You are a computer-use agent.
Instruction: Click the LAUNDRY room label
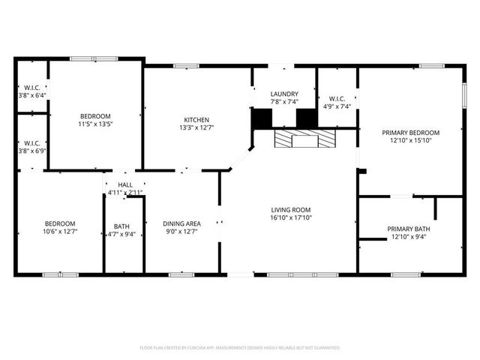(284, 94)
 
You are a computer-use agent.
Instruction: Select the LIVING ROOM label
(291, 210)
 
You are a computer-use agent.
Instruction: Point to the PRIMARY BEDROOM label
(410, 132)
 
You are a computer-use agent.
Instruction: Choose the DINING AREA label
(181, 223)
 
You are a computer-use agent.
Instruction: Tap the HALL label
(124, 184)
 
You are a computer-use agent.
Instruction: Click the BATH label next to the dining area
(121, 226)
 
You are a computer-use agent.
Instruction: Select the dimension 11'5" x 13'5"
(95, 124)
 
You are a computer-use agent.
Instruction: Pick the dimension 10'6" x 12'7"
(59, 232)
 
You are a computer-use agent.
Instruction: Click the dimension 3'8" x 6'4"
(32, 95)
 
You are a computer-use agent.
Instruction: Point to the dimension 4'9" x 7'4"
(335, 106)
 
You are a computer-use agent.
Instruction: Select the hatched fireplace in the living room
(304, 139)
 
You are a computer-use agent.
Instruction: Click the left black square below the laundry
(262, 119)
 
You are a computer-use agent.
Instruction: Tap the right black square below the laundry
(307, 119)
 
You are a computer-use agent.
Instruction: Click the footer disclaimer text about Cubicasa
(240, 348)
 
